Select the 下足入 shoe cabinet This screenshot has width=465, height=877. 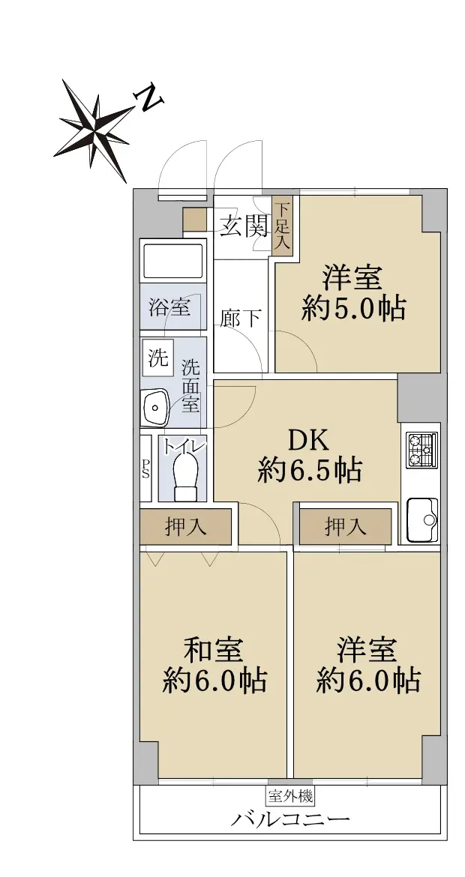point(283,226)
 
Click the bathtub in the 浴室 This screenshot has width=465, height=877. point(172,262)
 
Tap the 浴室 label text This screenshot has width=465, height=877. point(169,307)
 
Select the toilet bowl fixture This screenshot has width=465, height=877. point(186,475)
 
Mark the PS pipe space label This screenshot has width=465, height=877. point(145,468)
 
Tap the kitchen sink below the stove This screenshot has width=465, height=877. point(422,519)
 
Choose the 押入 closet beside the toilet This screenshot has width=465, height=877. point(185,526)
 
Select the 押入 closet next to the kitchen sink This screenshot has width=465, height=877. point(345,526)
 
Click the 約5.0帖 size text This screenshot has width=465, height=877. point(353,309)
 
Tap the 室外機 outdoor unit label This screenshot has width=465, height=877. point(289,795)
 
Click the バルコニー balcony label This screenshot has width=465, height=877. point(291,819)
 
